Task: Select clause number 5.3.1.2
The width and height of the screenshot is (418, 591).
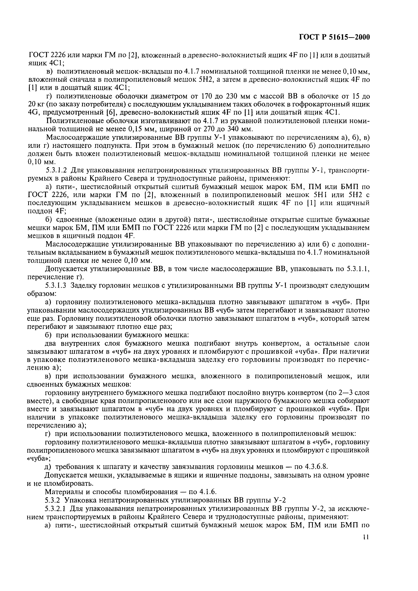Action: click(x=56, y=170)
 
